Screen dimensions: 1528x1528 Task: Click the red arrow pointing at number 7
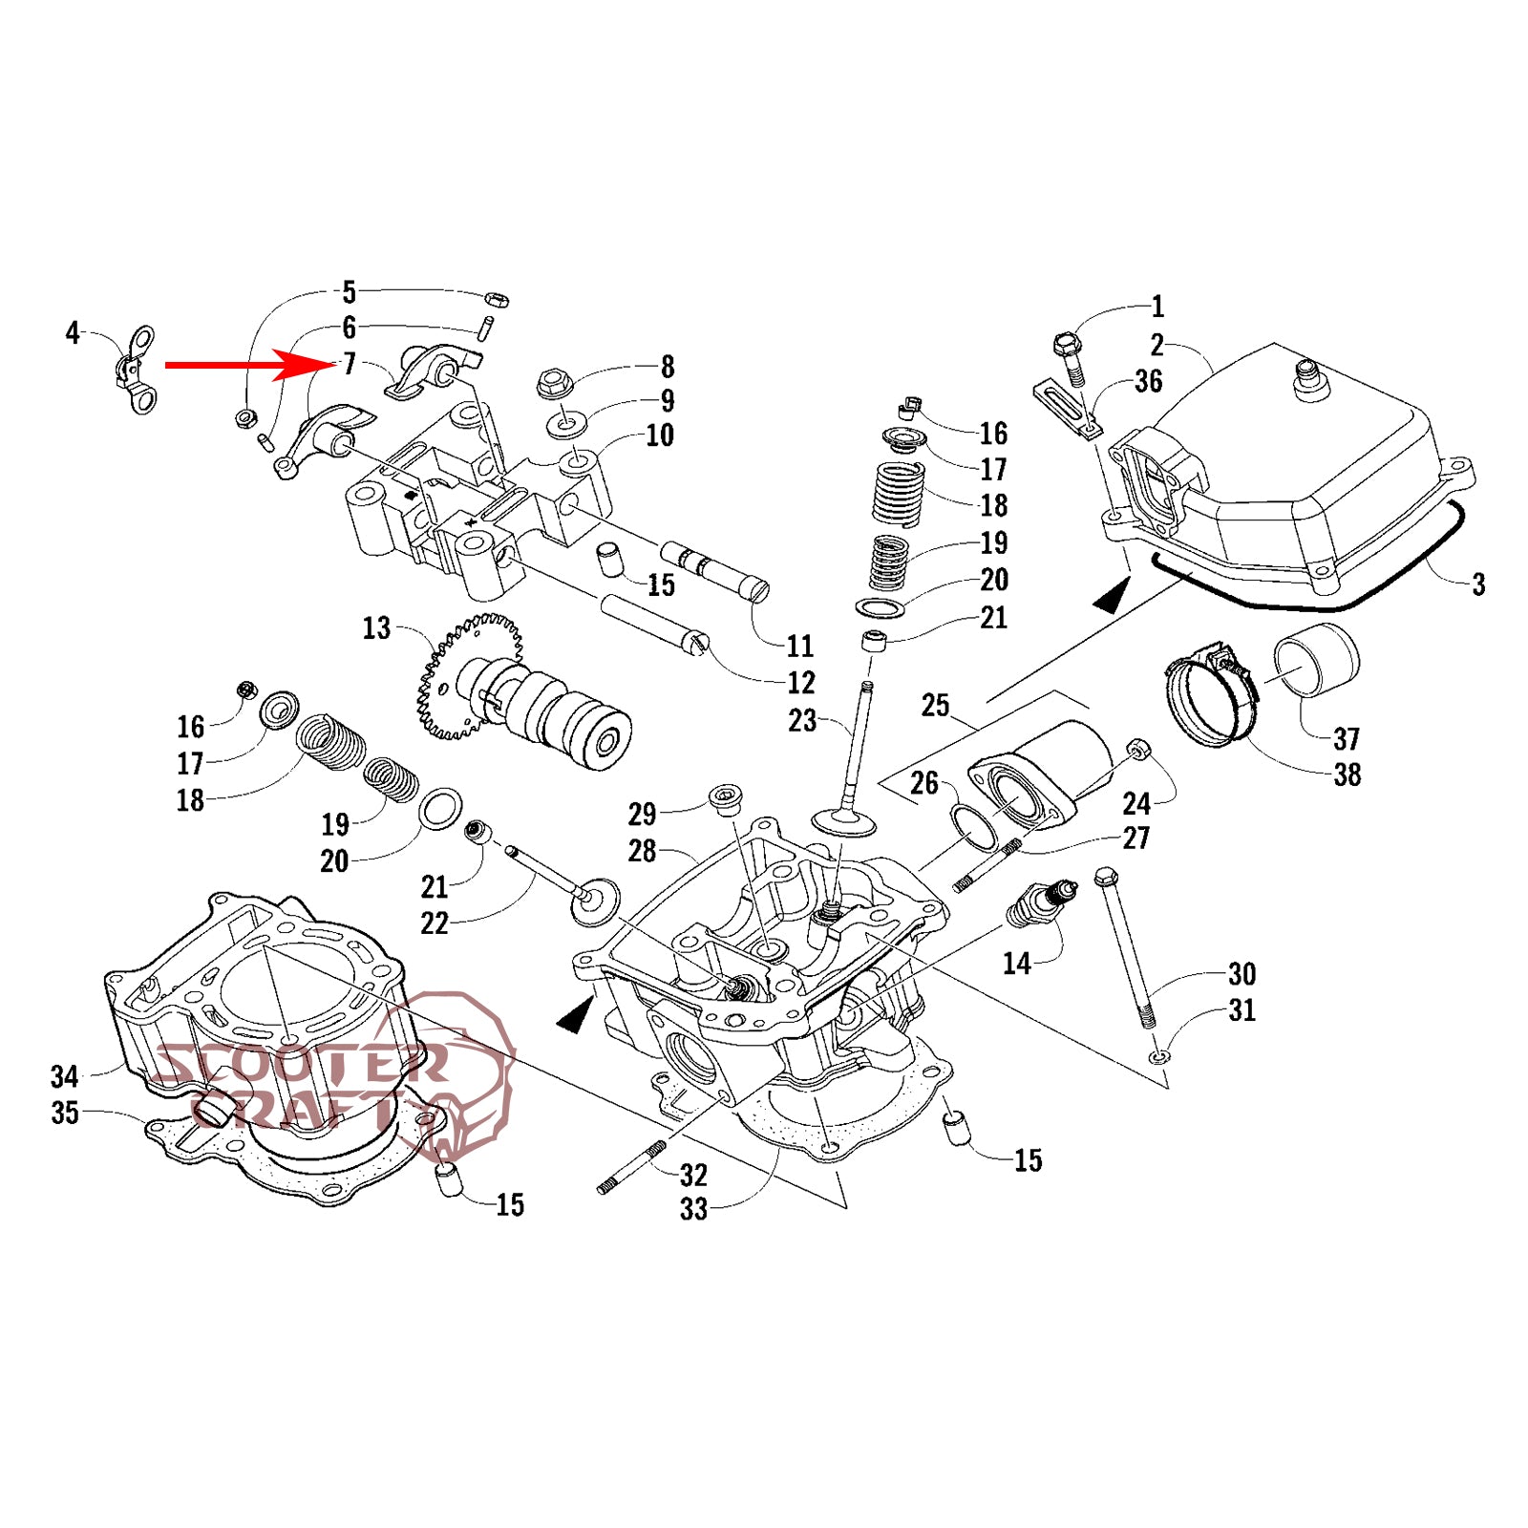pos(239,364)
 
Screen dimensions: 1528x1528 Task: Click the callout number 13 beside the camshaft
pos(376,628)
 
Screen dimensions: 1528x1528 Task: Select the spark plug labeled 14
pos(1041,905)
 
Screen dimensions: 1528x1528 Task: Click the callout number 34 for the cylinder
pos(64,1077)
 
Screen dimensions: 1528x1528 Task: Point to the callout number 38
pos(1347,775)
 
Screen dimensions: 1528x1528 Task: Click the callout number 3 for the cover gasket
pos(1478,584)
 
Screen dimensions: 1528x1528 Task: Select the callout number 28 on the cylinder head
pos(642,851)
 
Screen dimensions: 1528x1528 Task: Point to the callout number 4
pos(73,332)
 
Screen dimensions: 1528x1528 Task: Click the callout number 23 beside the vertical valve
pos(802,720)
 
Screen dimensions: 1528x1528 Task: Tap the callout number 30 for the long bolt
pos(1241,974)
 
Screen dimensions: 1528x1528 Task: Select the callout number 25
pos(935,706)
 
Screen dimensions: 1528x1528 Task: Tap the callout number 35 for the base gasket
pos(64,1113)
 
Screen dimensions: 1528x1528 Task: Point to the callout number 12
pos(800,683)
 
